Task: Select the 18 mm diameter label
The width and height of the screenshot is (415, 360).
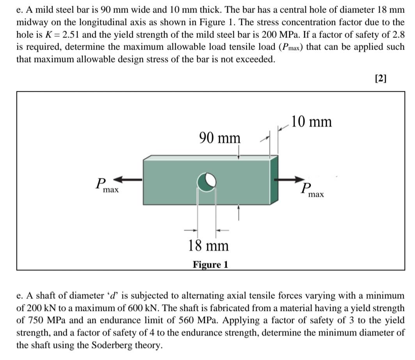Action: [208, 246]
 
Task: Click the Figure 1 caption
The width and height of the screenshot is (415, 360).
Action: [211, 265]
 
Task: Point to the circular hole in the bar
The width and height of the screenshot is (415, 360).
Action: [206, 181]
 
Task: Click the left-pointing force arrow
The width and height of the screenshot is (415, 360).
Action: [128, 179]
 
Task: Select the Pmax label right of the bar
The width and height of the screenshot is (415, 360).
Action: [312, 190]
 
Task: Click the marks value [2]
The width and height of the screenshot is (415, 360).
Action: [380, 78]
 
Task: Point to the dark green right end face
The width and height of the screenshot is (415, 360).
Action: [274, 180]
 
